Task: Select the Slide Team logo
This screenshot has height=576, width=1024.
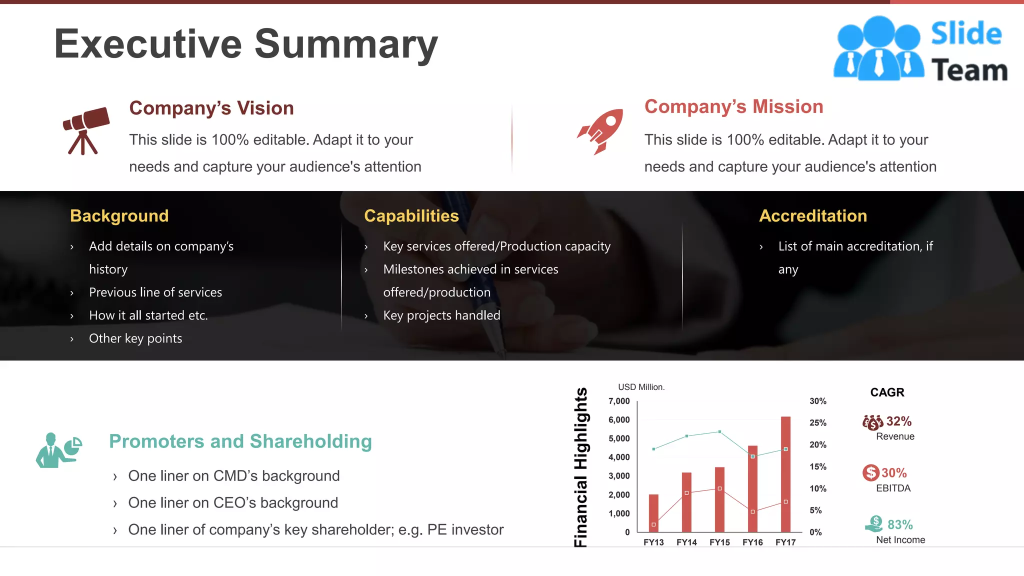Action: tap(920, 49)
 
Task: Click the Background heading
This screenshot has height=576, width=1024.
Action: tap(119, 216)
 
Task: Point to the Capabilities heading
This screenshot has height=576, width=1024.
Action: tap(411, 216)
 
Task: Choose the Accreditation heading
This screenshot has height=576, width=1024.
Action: tap(813, 216)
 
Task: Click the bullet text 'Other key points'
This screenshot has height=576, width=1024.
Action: tap(135, 338)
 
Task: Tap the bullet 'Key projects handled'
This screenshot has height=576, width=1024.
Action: tap(441, 315)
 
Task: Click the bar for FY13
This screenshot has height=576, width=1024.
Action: tap(653, 513)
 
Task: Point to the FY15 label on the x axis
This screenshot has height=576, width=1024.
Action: tap(719, 542)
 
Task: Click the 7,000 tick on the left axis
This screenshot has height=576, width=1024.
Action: tap(619, 401)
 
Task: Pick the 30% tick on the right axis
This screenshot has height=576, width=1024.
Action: tap(818, 401)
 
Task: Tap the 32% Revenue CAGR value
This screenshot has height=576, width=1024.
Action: tap(899, 421)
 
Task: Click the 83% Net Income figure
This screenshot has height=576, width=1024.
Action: tap(900, 524)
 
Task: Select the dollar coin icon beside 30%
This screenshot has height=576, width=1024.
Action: tap(870, 472)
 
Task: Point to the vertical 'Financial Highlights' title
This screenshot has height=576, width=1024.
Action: tap(580, 467)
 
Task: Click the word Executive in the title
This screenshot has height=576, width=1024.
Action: tap(148, 44)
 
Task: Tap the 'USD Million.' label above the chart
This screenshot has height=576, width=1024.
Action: tap(641, 387)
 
